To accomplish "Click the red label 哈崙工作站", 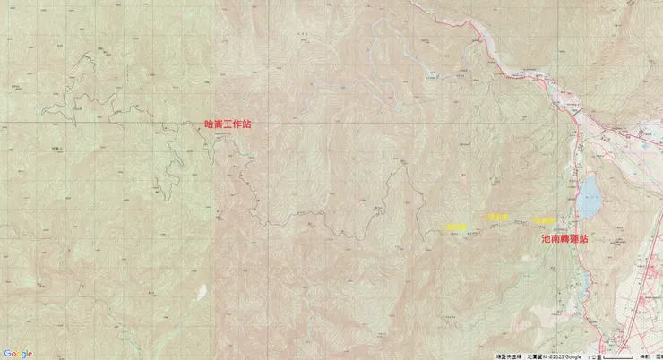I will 228,125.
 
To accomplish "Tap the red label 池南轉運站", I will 565,240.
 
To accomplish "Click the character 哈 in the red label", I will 210,125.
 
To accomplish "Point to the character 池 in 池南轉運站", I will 547,240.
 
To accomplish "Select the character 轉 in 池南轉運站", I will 565,240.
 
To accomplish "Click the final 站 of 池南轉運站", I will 584,240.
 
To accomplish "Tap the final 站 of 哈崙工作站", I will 246,125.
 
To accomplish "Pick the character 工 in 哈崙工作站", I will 228,125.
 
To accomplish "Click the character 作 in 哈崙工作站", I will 237,125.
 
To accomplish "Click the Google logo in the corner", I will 17,354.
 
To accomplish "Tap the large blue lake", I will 589,198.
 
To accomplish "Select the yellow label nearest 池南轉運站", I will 544,220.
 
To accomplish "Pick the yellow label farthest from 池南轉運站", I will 457,227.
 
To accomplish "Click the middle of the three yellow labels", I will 497,217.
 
